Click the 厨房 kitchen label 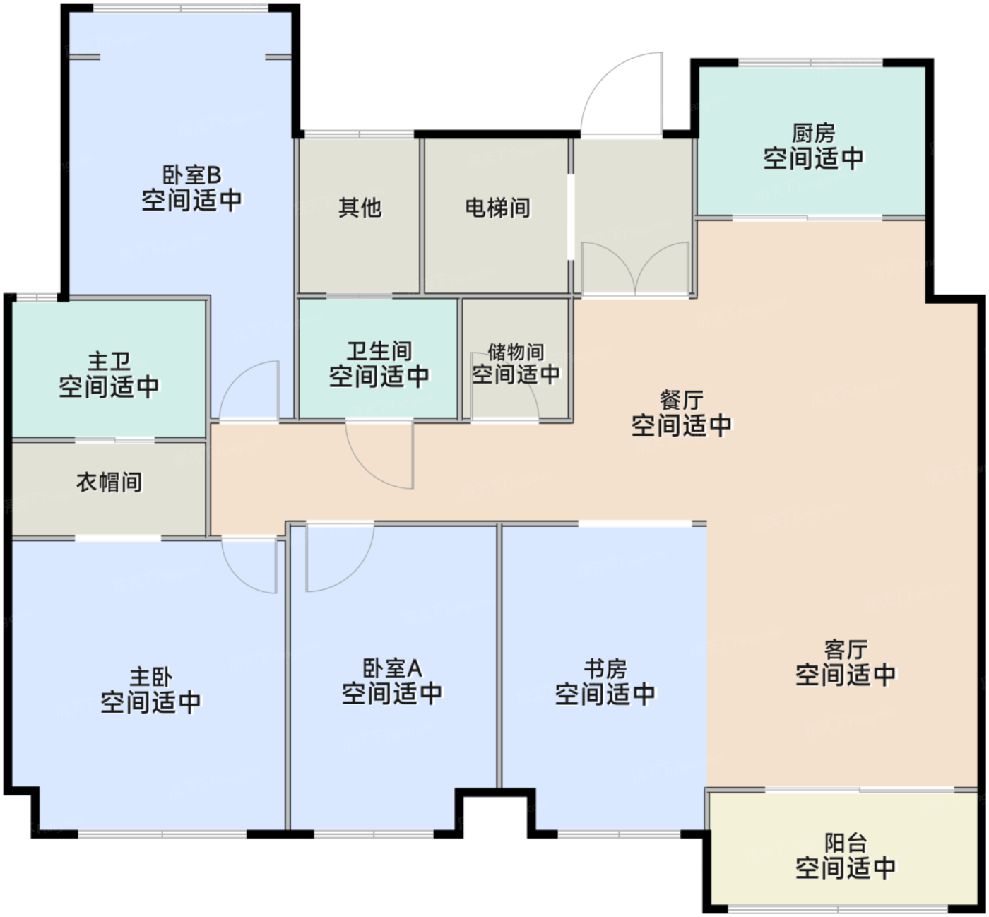click(813, 133)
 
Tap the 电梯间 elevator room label click(497, 208)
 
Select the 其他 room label click(360, 208)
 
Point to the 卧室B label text click(191, 174)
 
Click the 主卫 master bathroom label click(109, 362)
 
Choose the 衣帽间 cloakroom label click(109, 483)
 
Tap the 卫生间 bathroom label click(379, 351)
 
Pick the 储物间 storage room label click(516, 352)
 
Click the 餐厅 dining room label click(681, 401)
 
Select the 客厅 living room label click(845, 649)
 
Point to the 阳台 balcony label click(845, 843)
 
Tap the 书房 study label click(605, 668)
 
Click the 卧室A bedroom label click(391, 668)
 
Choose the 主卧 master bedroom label click(150, 677)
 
